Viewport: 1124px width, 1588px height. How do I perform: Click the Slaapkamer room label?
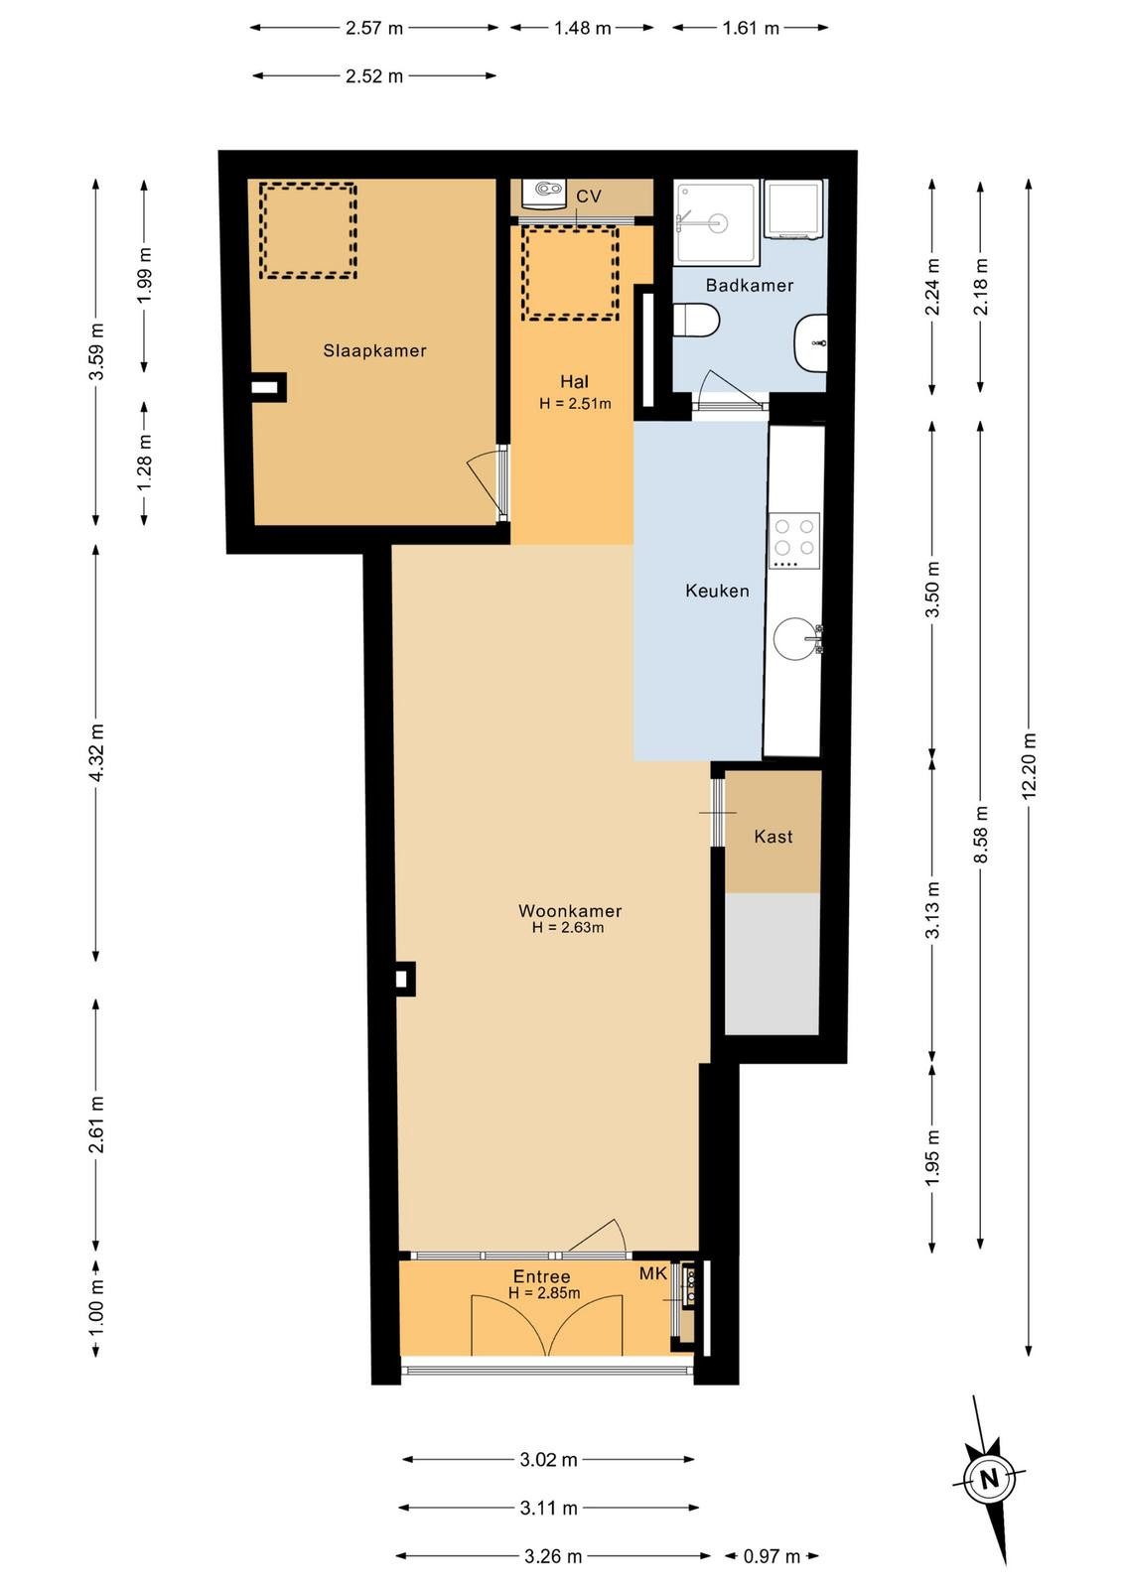pos(374,350)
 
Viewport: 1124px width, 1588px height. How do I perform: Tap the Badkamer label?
pos(749,285)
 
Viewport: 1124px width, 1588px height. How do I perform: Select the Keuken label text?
pos(717,591)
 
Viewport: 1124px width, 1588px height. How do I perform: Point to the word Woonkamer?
pos(570,911)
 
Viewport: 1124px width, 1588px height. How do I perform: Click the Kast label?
pos(773,837)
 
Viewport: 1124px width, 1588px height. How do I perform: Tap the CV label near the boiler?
pos(589,197)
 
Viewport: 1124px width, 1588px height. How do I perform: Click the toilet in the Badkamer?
pos(696,320)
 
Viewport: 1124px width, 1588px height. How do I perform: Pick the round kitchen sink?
pos(795,639)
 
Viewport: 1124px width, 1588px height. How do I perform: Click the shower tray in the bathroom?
pos(716,223)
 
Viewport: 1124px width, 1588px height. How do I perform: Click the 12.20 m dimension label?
pos(1029,766)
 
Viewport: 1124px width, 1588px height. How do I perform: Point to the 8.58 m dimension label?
pos(980,835)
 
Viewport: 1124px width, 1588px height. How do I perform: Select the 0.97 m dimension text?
pos(772,1556)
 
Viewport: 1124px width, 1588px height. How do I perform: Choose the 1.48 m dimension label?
pos(582,28)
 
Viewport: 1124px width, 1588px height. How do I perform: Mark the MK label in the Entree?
pos(653,1274)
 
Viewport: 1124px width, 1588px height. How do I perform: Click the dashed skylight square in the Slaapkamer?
pos(307,230)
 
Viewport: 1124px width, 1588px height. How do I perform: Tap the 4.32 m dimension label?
pos(96,752)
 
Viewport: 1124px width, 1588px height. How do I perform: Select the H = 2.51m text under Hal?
pos(575,404)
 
